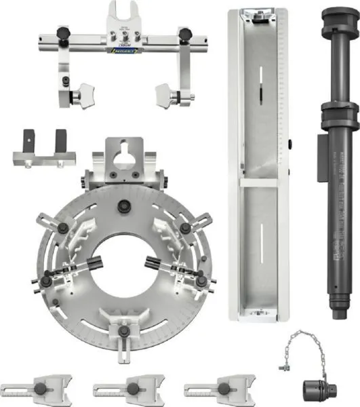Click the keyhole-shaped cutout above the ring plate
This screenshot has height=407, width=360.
coord(123,155)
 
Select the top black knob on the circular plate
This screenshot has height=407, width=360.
coord(123,208)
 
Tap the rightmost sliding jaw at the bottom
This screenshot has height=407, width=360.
coord(218,389)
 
